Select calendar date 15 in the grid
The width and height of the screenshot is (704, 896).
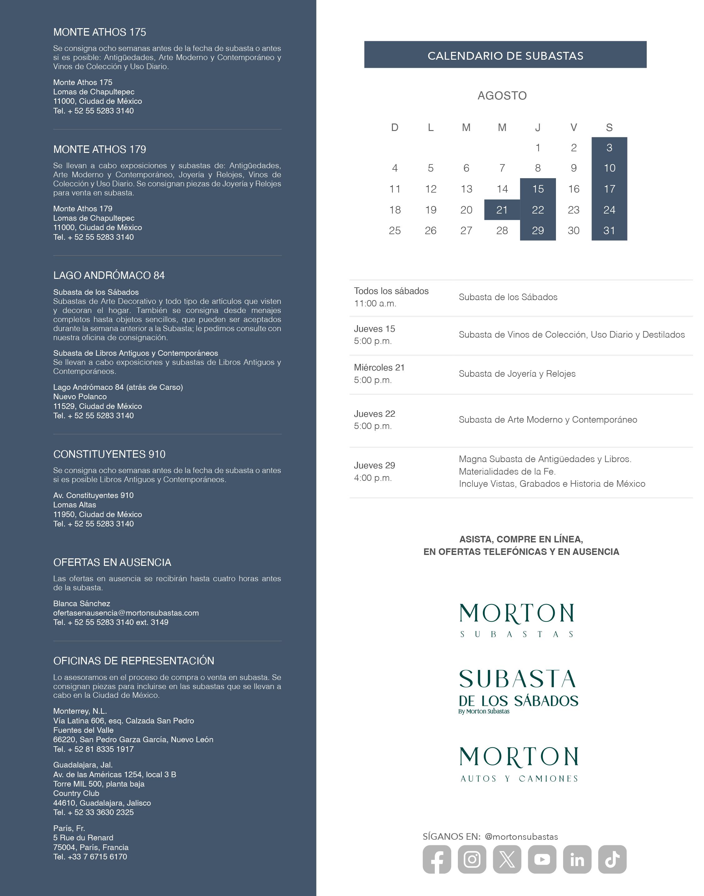click(538, 189)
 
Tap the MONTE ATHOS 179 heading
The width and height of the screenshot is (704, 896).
click(100, 149)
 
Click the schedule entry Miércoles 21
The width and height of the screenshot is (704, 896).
click(379, 368)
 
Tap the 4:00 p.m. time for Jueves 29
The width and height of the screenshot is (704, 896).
click(373, 478)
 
